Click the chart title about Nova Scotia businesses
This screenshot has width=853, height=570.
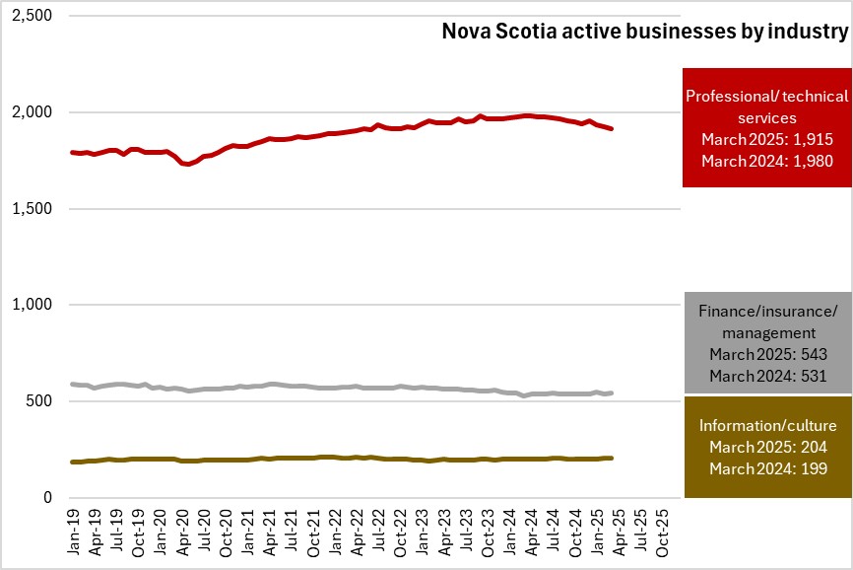[x=644, y=33]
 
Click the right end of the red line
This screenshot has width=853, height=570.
[x=612, y=128]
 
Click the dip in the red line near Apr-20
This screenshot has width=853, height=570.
[x=187, y=164]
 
